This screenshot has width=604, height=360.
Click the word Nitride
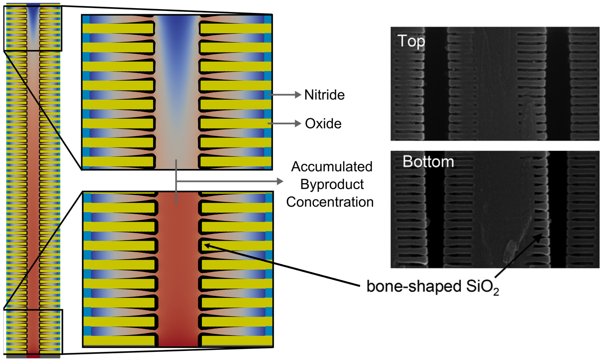[324, 95]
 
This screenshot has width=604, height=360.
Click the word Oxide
[323, 124]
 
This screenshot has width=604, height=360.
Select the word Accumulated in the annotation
[332, 167]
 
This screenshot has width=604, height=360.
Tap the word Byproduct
[332, 184]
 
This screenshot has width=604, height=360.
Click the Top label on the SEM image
[411, 42]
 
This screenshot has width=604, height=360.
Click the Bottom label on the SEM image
[428, 161]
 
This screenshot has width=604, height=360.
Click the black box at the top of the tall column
[32, 26]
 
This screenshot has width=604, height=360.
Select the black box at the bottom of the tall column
[33, 332]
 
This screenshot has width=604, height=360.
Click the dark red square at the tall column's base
[33, 356]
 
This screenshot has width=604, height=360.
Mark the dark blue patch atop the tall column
[33, 5]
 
